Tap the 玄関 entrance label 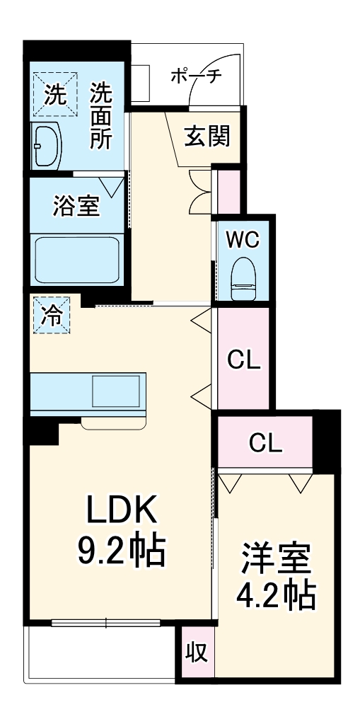(208, 135)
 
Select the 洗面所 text (100, 115)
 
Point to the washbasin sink (46, 146)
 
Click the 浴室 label (76, 206)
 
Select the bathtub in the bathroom (76, 258)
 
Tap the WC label (243, 239)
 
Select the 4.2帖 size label (276, 596)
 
